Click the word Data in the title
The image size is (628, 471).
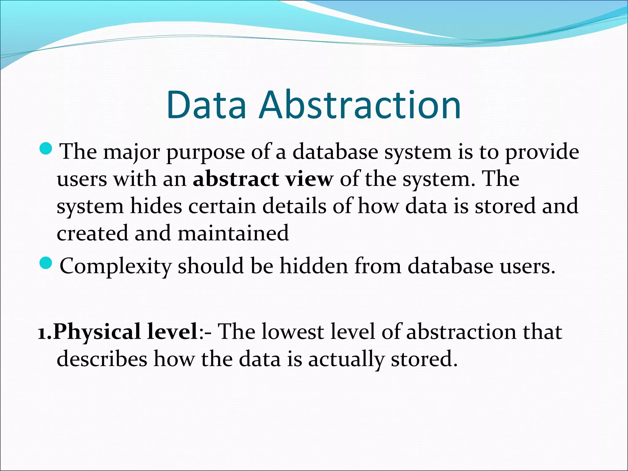coord(206,105)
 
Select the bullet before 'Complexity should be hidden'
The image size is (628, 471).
coord(47,263)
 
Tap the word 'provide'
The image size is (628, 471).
coord(542,152)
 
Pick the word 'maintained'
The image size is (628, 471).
coord(233,233)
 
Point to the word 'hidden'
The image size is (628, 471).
coord(314,266)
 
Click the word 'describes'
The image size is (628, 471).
coord(102,359)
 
